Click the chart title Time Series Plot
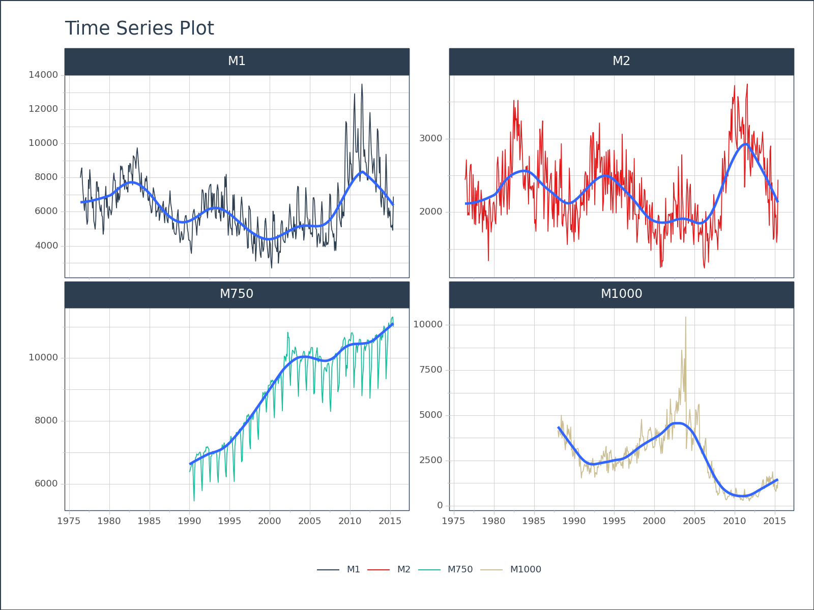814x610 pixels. pos(139,28)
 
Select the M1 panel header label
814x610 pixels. pos(237,61)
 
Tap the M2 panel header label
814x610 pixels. pos(621,61)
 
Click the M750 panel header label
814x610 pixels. pos(237,294)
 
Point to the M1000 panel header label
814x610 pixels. pos(621,294)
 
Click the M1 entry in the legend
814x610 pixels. pos(353,569)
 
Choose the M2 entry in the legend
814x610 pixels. pos(403,569)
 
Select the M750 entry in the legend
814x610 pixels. pos(460,569)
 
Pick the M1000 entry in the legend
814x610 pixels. pos(526,569)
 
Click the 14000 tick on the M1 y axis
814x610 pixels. pos(43,75)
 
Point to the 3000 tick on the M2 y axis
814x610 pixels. pos(430,138)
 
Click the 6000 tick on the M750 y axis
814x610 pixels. pos(46,483)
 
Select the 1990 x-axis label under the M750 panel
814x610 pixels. pos(189,521)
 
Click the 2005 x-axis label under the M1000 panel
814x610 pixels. pos(694,521)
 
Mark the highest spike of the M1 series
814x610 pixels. pos(362,84)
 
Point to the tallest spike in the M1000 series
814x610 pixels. pos(685,317)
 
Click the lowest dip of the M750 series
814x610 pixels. pos(194,501)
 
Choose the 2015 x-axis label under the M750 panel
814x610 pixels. pos(390,521)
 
